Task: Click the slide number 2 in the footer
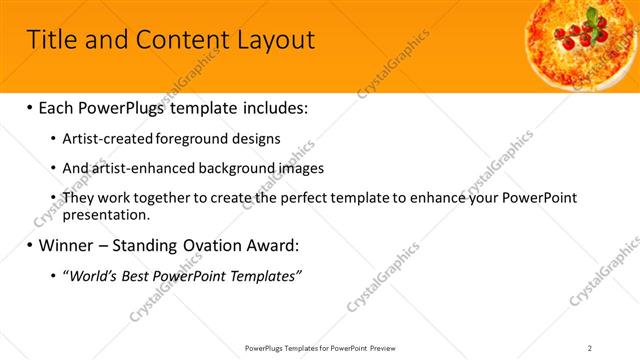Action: click(590, 347)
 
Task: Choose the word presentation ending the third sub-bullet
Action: click(105, 214)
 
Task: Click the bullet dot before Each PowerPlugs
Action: click(29, 106)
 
